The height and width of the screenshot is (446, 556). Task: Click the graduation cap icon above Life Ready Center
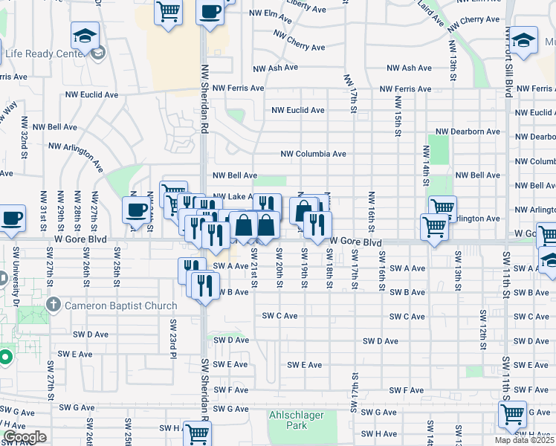(x=85, y=35)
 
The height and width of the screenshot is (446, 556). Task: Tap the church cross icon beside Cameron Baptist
(x=54, y=305)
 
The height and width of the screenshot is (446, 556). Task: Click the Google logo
(x=24, y=437)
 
